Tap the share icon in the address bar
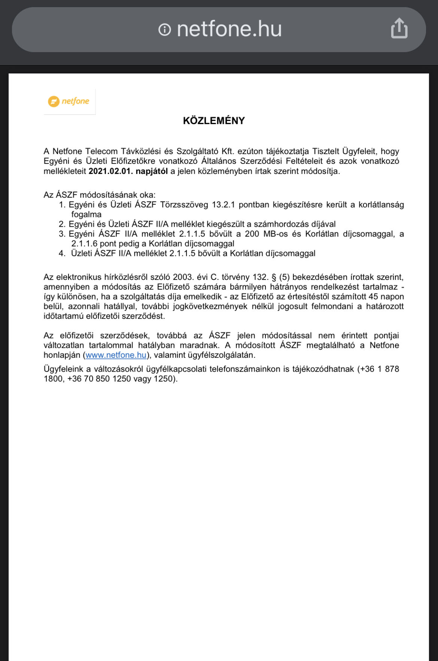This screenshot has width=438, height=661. tap(399, 28)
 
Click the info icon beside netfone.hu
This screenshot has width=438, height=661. tap(165, 29)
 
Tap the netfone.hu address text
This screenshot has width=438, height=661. tap(229, 29)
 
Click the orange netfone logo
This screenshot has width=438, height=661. tap(69, 101)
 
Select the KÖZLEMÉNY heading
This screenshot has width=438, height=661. tap(214, 121)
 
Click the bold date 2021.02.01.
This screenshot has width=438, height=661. tap(111, 171)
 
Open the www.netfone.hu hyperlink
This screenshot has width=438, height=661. tap(116, 355)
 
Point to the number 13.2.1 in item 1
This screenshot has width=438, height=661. tap(223, 205)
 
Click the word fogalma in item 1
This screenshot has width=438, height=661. tap(86, 214)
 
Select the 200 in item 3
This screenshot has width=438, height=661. tap(252, 234)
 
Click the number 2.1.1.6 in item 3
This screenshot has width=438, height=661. tap(84, 244)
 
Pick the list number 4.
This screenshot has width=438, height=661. tap(62, 253)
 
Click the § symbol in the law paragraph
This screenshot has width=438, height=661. tap(274, 277)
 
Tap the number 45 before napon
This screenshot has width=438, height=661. tap(373, 297)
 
